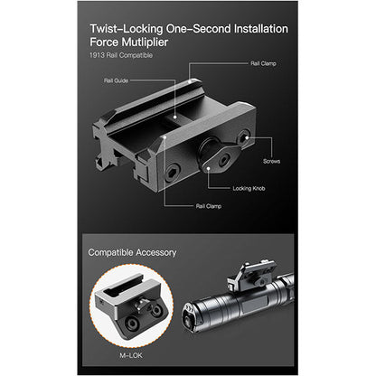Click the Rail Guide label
116,80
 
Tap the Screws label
271,161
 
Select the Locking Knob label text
249,188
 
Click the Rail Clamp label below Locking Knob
209,206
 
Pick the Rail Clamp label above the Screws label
263,63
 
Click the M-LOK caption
131,355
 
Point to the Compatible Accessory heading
132,252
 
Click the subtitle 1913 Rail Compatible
121,55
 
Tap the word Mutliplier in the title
145,42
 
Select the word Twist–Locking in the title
127,29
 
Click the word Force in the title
104,42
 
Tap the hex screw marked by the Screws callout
243,137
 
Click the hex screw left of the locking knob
173,174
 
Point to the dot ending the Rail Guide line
175,117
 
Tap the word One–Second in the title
197,29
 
